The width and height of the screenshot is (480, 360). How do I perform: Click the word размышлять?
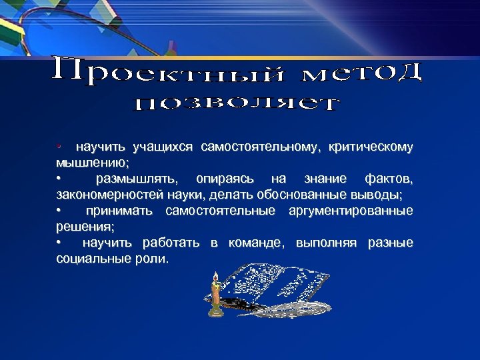(x=137, y=179)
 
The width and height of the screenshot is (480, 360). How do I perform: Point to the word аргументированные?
(x=350, y=211)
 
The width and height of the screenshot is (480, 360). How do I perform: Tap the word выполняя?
(x=326, y=243)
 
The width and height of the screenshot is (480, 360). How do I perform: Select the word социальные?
(x=90, y=259)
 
